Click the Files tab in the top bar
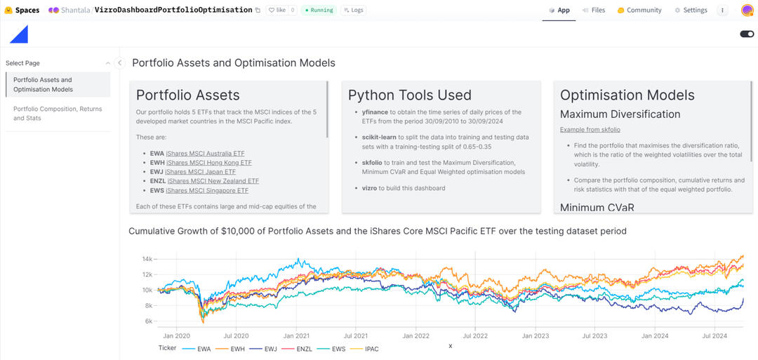pyautogui.click(x=593, y=11)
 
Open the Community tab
pyautogui.click(x=639, y=11)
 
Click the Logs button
pyautogui.click(x=354, y=11)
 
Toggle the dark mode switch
pyautogui.click(x=747, y=34)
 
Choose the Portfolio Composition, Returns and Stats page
pyautogui.click(x=58, y=114)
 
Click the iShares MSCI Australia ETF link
pyautogui.click(x=206, y=154)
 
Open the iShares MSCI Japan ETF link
pyautogui.click(x=201, y=172)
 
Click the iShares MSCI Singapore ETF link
pyautogui.click(x=207, y=190)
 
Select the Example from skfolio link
pyautogui.click(x=590, y=130)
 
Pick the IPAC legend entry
pyautogui.click(x=371, y=349)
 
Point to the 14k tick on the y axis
pyautogui.click(x=147, y=259)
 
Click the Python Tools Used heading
pyautogui.click(x=410, y=95)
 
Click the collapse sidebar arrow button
pyautogui.click(x=119, y=63)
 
